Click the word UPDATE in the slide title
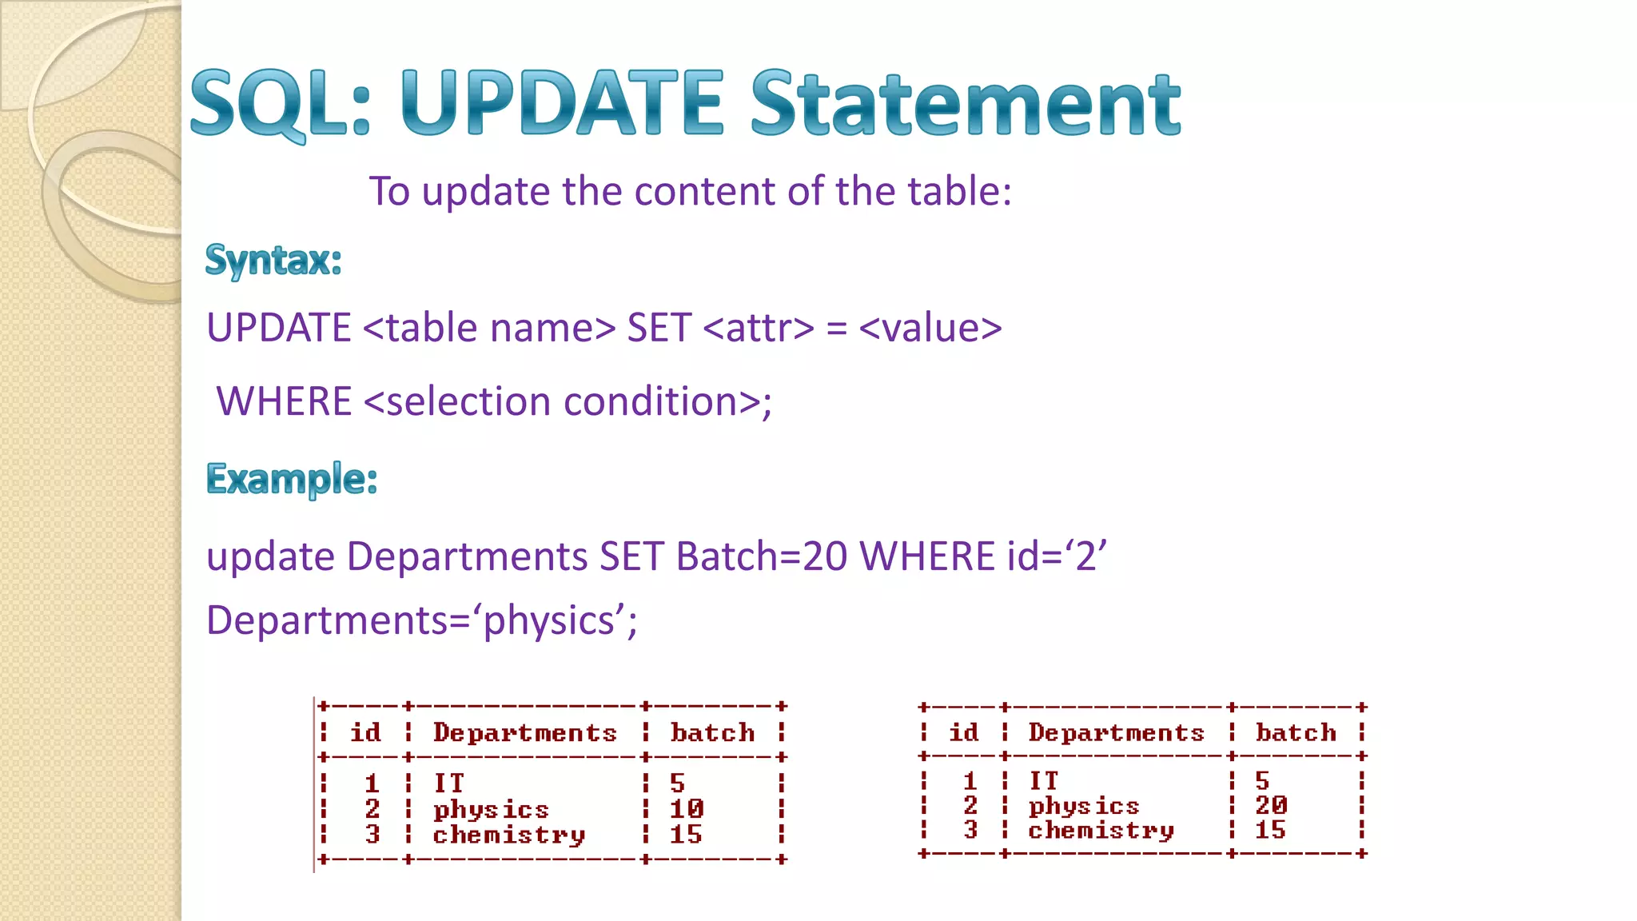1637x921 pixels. [x=561, y=104]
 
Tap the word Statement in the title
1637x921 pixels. [x=965, y=104]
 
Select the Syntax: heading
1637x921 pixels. [x=273, y=261]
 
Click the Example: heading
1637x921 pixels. [x=292, y=480]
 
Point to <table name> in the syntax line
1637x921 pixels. [x=489, y=329]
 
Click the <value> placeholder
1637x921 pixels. [x=930, y=329]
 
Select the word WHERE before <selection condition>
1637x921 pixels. [x=285, y=401]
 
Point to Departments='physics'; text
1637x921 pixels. [x=421, y=621]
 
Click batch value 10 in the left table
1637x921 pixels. [x=686, y=809]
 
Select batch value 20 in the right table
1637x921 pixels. [x=1271, y=805]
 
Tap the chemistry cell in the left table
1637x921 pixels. [x=508, y=835]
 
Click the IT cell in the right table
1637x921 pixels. [x=1043, y=780]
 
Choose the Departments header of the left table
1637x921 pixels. [x=524, y=733]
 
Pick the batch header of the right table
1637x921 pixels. [x=1296, y=732]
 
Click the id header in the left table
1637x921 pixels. [x=365, y=733]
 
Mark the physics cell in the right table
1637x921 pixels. [x=1083, y=806]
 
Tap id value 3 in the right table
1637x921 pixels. [x=970, y=830]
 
